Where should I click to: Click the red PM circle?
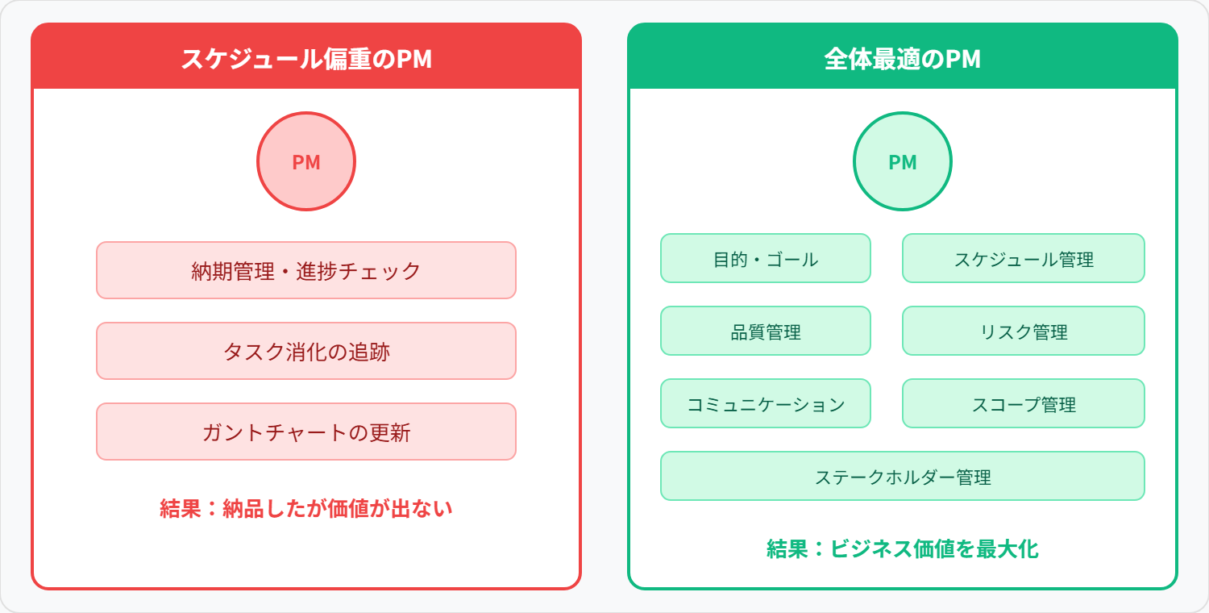pyautogui.click(x=306, y=161)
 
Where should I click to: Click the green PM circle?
pyautogui.click(x=903, y=161)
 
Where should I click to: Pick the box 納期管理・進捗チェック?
pyautogui.click(x=306, y=270)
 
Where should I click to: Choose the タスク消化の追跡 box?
pyautogui.click(x=306, y=351)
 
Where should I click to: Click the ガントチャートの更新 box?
pyautogui.click(x=306, y=432)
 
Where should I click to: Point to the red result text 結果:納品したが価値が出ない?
pyautogui.click(x=306, y=508)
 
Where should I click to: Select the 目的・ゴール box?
pyautogui.click(x=766, y=258)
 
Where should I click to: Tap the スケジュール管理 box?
pyautogui.click(x=1024, y=258)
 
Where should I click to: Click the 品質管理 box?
pyautogui.click(x=766, y=331)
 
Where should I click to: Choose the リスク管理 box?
pyautogui.click(x=1024, y=331)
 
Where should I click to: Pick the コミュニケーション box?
pyautogui.click(x=766, y=403)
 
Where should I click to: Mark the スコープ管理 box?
pyautogui.click(x=1024, y=403)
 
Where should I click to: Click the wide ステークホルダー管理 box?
pyautogui.click(x=903, y=476)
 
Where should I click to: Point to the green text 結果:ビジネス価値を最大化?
pyautogui.click(x=903, y=549)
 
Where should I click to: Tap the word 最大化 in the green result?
pyautogui.click(x=1007, y=549)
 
